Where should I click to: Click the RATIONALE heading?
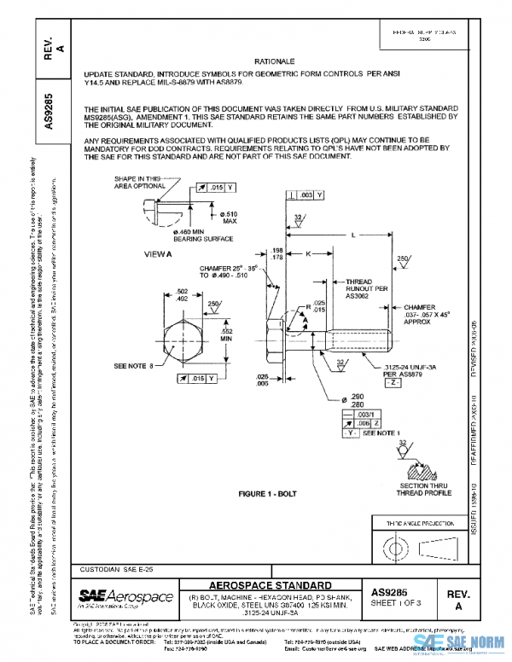pyautogui.click(x=275, y=62)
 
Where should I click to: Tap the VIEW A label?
pyautogui.click(x=158, y=254)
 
